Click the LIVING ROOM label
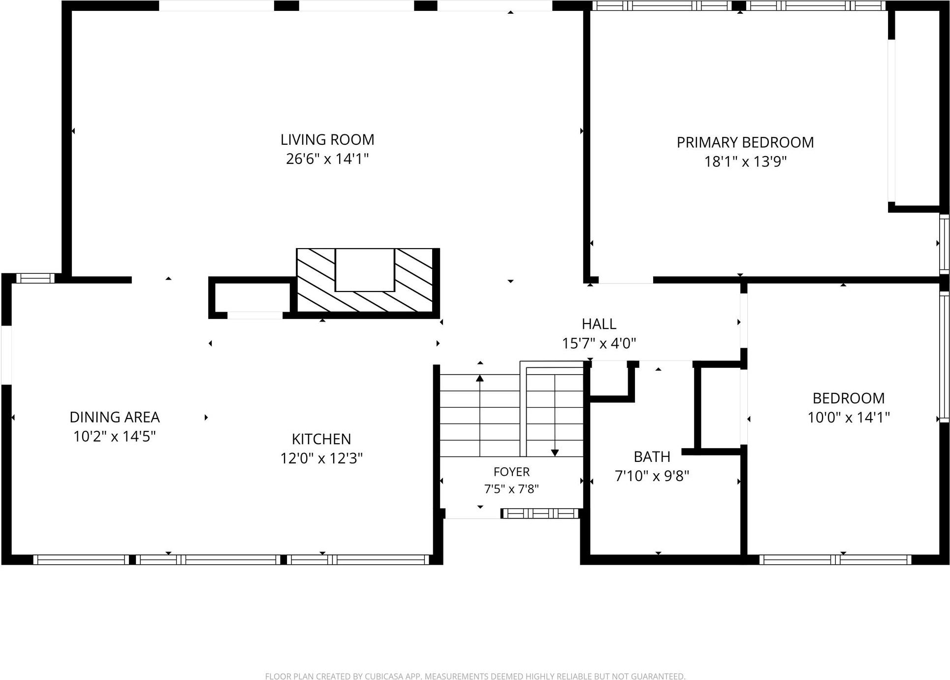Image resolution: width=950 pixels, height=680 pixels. [x=327, y=140]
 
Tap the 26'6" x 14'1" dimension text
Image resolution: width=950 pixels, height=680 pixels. [x=327, y=159]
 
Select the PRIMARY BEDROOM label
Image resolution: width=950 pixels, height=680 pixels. [x=745, y=143]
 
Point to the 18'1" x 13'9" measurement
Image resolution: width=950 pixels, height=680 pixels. [x=745, y=162]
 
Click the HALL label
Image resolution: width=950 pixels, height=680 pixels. [x=599, y=324]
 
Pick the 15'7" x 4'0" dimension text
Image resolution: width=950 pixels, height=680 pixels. [x=599, y=343]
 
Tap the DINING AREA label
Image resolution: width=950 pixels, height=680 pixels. [x=115, y=418]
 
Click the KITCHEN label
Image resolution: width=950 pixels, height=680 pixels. [x=321, y=439]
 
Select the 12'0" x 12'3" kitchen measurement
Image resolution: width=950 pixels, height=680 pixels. [x=321, y=458]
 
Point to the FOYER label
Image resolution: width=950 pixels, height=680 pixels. [x=511, y=472]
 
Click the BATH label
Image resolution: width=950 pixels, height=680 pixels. [x=652, y=457]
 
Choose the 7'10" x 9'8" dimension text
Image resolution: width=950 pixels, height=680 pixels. [x=652, y=476]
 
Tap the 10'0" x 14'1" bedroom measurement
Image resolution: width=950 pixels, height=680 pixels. [x=849, y=418]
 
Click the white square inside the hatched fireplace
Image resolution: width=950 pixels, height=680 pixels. [x=365, y=270]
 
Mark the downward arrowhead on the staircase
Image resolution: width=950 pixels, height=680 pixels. [x=555, y=453]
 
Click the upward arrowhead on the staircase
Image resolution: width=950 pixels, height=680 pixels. [x=480, y=378]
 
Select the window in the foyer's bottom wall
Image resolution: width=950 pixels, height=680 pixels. [x=540, y=514]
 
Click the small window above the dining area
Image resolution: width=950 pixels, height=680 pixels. [x=35, y=278]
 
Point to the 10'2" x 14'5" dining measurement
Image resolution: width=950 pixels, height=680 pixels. [x=115, y=436]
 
